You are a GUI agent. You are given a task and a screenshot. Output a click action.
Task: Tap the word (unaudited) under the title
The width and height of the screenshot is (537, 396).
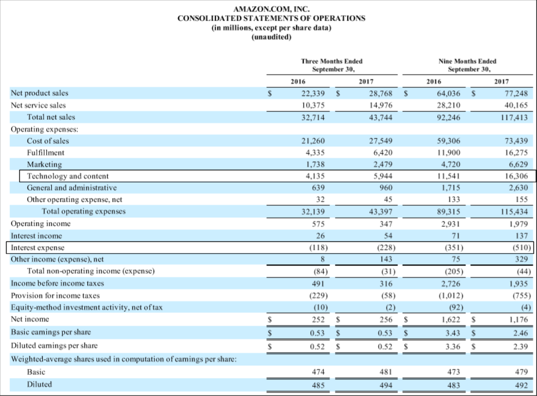tap(271, 37)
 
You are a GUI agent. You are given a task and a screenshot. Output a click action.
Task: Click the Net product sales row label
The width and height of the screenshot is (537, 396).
tap(40, 93)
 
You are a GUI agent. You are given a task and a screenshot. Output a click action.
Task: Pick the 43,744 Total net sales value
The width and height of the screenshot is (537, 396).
tap(380, 117)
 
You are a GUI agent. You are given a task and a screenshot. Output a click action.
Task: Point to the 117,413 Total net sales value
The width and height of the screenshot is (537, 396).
tap(512, 117)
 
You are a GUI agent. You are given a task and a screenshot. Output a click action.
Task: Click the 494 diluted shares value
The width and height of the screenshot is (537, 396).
tap(385, 384)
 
